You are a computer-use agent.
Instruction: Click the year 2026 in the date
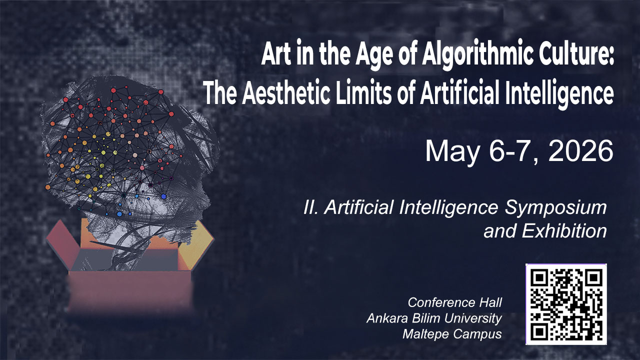coord(580,151)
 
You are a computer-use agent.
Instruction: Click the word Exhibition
coord(564,230)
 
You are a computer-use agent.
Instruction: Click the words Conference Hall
coord(454,302)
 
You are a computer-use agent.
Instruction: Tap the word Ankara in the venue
coord(387,318)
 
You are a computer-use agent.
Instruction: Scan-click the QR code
coord(566,304)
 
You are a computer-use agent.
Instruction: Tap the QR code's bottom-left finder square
coord(539,331)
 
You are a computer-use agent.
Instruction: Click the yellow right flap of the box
coord(196,245)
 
